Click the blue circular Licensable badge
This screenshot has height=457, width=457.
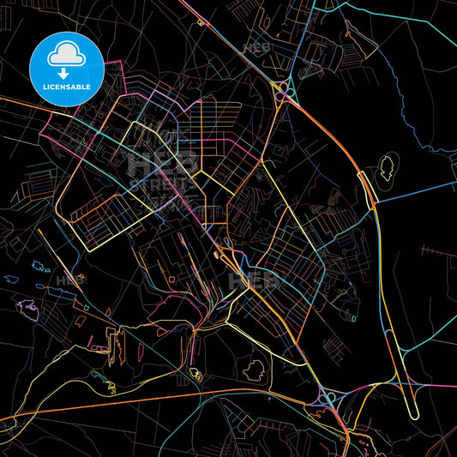(x=67, y=68)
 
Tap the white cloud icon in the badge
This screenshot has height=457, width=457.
(x=67, y=53)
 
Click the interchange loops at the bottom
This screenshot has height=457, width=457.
(x=329, y=400)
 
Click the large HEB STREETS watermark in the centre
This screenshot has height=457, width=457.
(x=159, y=171)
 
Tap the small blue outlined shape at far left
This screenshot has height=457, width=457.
(x=9, y=279)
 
